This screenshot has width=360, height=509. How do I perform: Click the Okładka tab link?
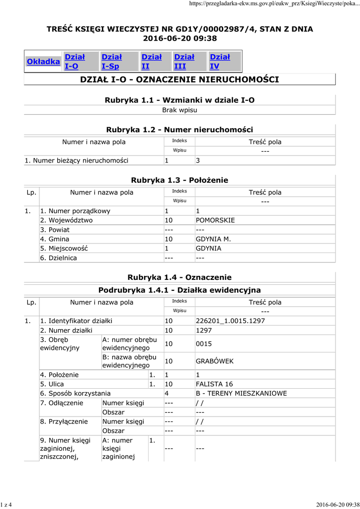43,62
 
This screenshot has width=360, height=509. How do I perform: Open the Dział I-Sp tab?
111,62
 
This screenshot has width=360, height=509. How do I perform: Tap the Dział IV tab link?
220,62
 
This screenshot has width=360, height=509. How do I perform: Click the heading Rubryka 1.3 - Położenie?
180,180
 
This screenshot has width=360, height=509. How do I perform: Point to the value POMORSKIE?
215,220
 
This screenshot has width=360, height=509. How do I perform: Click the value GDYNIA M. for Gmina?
213,239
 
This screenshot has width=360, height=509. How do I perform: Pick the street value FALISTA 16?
214,384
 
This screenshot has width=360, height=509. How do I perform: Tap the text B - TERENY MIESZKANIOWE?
241,394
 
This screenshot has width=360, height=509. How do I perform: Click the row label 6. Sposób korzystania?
75,394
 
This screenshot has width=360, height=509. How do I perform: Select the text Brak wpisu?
180,110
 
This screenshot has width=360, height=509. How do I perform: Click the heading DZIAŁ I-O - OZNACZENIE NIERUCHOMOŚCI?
180,80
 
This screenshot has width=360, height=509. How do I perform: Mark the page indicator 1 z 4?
6,505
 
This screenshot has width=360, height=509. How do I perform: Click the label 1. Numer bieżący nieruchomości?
77,161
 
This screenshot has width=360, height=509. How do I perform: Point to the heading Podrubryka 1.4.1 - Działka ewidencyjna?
180,290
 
